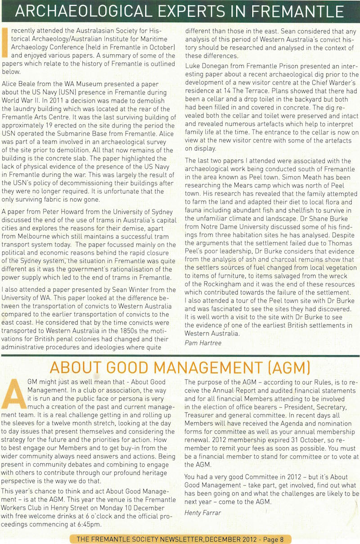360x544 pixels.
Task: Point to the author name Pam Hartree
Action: [203, 343]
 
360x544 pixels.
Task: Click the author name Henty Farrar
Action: [202, 512]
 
